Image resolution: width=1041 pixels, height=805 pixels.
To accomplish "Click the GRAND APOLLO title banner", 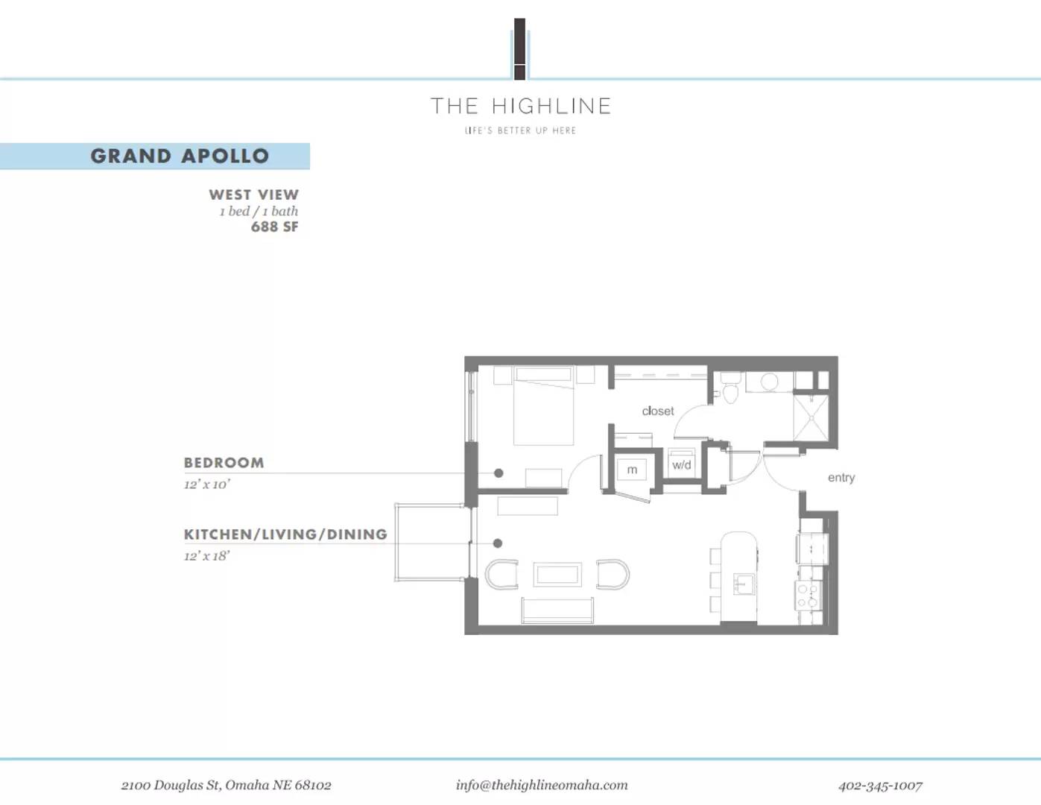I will pos(179,156).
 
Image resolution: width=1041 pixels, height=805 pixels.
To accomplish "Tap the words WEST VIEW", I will pos(253,195).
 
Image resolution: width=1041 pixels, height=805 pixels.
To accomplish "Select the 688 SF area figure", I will pos(274,227).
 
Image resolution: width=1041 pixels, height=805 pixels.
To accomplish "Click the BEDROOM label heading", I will pos(224,463).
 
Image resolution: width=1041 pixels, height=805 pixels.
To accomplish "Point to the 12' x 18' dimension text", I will pos(206,556).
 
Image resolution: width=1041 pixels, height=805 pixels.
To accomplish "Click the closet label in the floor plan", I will pos(657,411).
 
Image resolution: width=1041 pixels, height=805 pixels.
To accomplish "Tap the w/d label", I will pos(681,465).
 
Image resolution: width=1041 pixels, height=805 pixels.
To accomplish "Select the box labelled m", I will pos(632,470).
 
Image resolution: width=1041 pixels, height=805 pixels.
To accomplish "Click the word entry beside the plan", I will pos(841,478).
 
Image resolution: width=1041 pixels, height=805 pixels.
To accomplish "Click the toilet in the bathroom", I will pos(730,389).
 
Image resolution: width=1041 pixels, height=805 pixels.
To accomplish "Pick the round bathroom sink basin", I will pos(769,382).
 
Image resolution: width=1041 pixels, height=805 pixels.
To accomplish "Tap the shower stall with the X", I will pos(810,417).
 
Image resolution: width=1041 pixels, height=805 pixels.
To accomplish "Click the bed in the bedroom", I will pos(543,406).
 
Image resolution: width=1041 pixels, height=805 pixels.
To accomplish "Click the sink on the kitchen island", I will pos(744,584).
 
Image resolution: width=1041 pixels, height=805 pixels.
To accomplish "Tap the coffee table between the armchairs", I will pos(557,575).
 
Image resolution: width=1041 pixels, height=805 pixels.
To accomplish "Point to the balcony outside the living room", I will pos(431,542).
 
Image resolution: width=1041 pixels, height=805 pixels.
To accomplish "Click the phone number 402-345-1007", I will pos(880,786).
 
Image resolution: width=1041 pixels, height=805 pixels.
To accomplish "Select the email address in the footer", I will pos(542,785).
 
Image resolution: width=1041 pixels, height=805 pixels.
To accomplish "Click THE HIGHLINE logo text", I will pos(521,107).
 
